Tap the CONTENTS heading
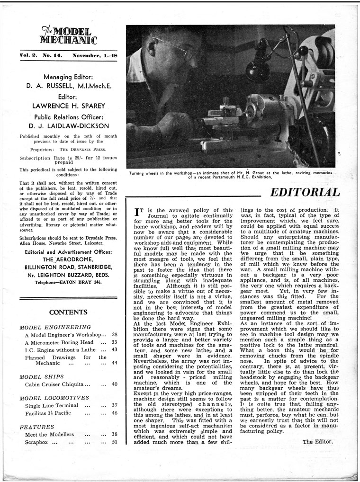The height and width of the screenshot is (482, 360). [68, 312]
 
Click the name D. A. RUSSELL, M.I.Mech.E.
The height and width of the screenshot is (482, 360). [68, 86]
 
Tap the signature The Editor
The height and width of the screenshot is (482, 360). [317, 442]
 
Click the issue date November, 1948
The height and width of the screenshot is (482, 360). [95, 55]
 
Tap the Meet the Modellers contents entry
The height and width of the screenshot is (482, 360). [49, 434]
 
